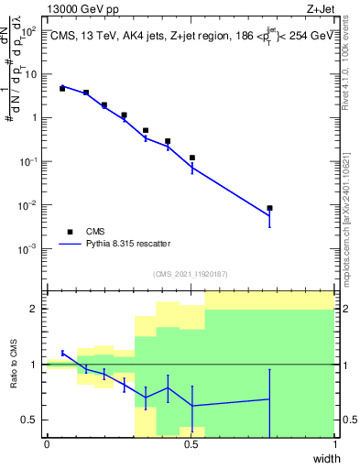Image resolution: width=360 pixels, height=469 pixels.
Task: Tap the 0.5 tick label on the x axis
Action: (x=191, y=444)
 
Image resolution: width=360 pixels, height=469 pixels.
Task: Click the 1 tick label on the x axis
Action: (x=334, y=444)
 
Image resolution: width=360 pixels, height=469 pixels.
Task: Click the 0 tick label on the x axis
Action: (x=47, y=444)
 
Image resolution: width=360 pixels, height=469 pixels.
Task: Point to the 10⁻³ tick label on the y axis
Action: (x=29, y=248)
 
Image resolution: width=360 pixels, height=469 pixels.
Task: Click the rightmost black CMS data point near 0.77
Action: (x=269, y=208)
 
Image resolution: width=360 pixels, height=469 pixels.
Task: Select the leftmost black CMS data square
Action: (x=62, y=89)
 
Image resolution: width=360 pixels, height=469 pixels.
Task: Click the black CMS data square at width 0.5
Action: (x=191, y=158)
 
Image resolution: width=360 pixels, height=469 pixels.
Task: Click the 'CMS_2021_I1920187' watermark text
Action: (x=191, y=274)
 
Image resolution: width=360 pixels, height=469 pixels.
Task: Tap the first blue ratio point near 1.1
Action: (x=62, y=353)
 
